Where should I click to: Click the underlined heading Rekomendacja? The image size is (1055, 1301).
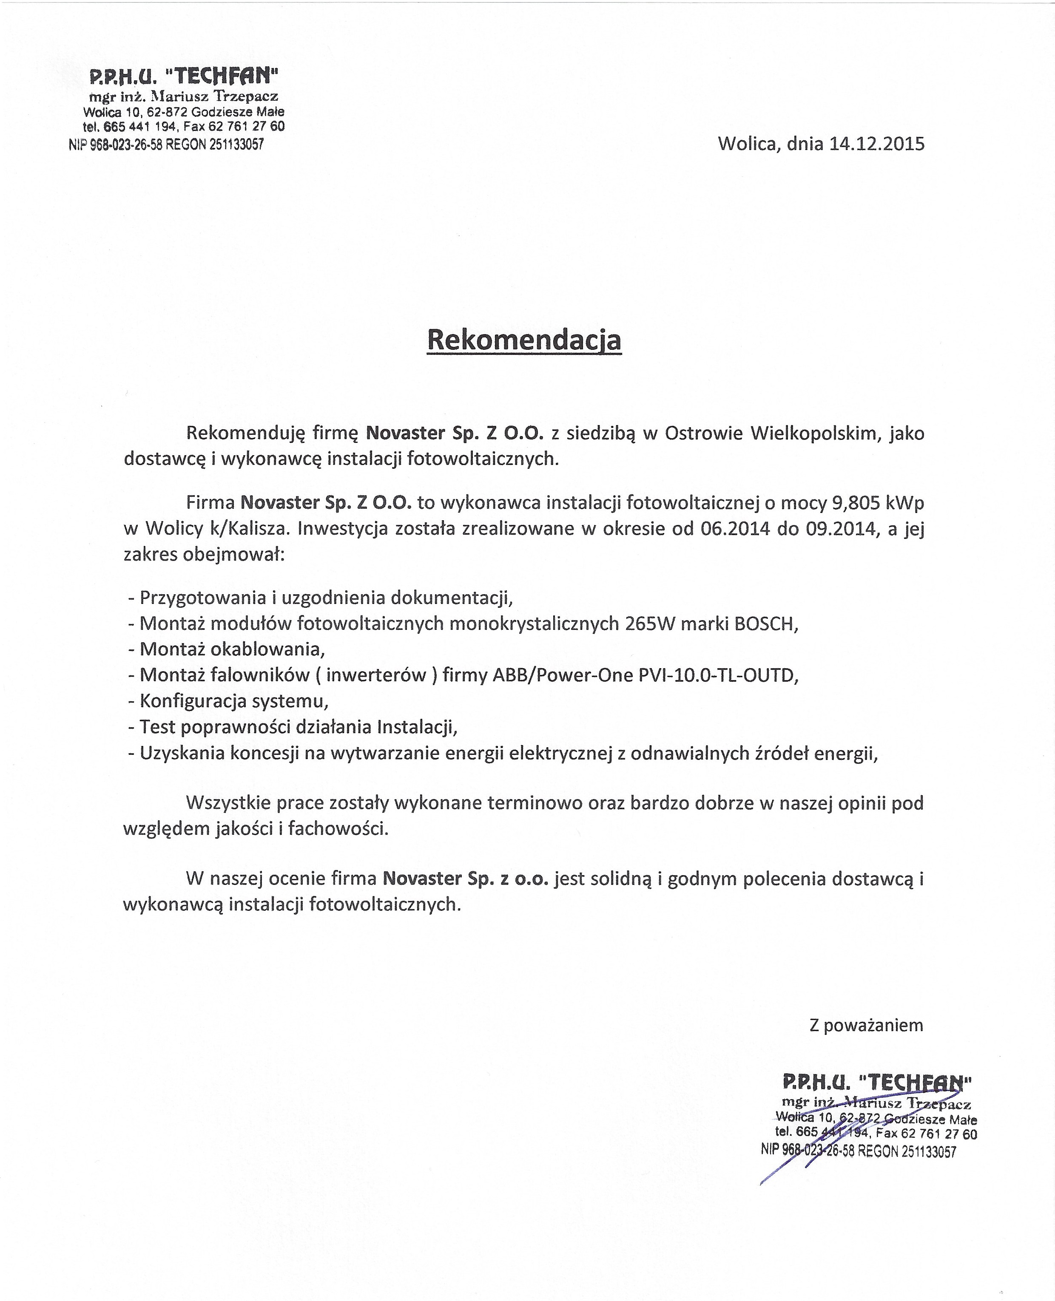524,340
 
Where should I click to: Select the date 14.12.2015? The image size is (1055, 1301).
877,144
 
